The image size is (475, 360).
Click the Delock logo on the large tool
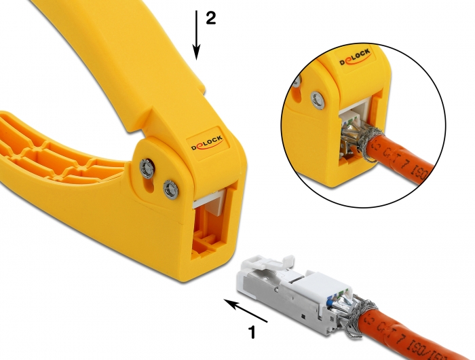(x=206, y=145)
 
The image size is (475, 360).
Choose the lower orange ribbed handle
(x=54, y=153)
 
